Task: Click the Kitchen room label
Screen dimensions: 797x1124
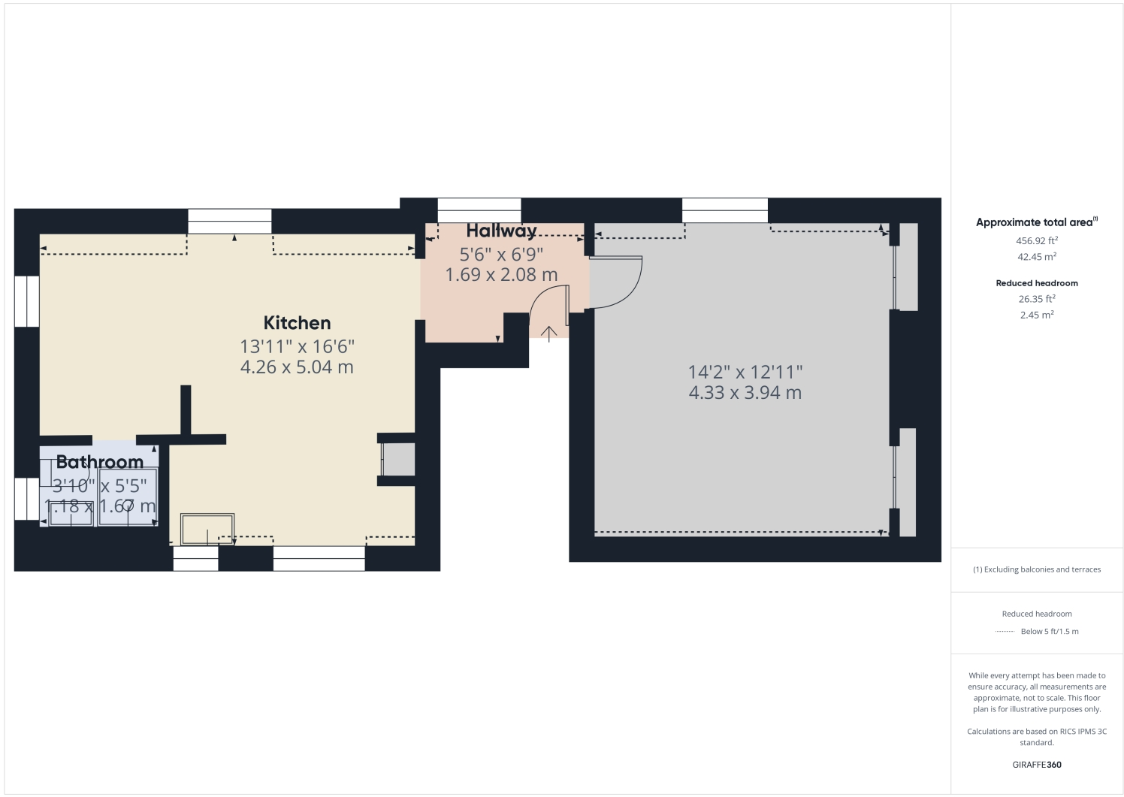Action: tap(297, 323)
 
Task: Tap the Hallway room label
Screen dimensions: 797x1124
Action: tap(501, 231)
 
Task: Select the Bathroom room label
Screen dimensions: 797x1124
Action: tap(99, 462)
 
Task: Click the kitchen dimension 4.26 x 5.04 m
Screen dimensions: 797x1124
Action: tap(297, 367)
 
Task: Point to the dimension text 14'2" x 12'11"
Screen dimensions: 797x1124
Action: tap(745, 372)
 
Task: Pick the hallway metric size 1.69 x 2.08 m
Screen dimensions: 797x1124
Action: tap(501, 275)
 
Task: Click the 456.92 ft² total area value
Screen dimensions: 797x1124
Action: tap(1036, 241)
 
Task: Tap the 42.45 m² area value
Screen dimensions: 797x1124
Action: tap(1036, 257)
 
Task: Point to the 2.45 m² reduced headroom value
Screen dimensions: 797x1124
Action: tap(1036, 315)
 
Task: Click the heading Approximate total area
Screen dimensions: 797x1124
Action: tap(1035, 222)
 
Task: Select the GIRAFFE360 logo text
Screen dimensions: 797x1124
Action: tap(1036, 765)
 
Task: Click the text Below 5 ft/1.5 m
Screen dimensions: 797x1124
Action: tap(1049, 632)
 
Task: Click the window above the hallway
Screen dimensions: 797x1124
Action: tap(479, 210)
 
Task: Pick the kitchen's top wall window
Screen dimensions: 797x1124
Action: tap(229, 221)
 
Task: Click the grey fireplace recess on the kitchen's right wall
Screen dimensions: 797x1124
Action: tap(399, 459)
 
